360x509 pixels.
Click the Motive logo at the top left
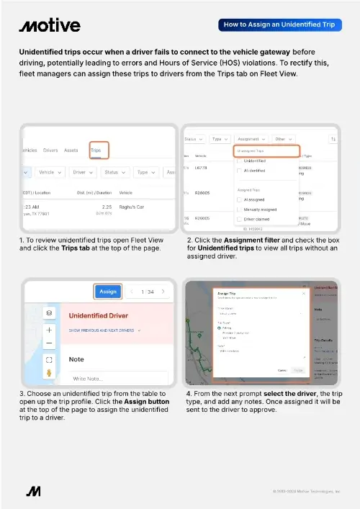click(x=50, y=25)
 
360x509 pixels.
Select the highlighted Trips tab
click(x=96, y=151)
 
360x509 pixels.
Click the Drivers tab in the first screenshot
click(x=50, y=151)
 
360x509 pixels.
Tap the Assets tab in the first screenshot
click(x=72, y=151)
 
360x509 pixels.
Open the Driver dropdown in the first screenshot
click(x=84, y=173)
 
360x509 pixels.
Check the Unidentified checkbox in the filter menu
click(x=240, y=161)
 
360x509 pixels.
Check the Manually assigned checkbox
click(x=240, y=208)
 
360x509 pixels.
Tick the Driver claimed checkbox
click(x=240, y=217)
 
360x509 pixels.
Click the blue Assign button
click(x=108, y=292)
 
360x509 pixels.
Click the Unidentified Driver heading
click(x=99, y=315)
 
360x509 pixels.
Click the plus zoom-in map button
click(x=49, y=329)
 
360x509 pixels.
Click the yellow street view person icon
click(x=49, y=373)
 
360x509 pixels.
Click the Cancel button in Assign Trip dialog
click(x=282, y=371)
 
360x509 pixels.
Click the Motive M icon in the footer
click(x=33, y=492)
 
